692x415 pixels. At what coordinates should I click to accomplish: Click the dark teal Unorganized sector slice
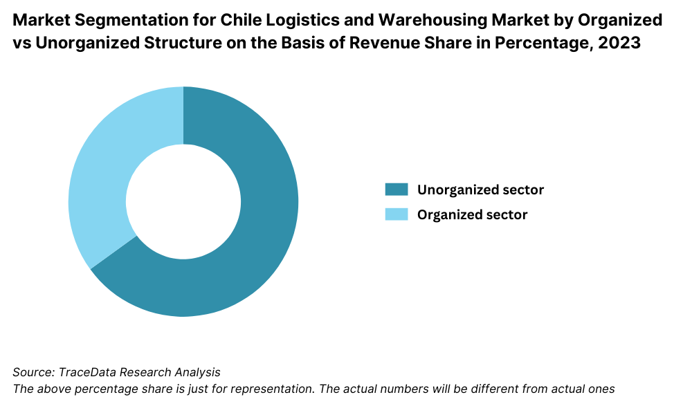[263, 235]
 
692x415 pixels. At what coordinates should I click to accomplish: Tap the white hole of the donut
[183, 202]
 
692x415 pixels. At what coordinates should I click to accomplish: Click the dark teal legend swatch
[397, 190]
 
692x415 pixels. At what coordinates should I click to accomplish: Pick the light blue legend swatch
[397, 214]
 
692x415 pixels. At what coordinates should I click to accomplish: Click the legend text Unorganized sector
[480, 190]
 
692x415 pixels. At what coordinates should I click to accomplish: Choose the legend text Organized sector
[472, 214]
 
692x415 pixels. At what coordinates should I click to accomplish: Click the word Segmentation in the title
[124, 20]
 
